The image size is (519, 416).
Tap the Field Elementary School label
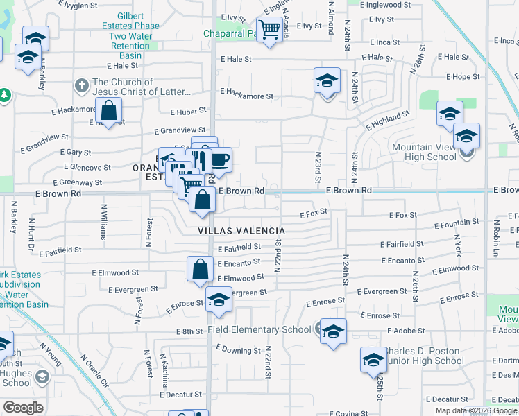tap(259, 330)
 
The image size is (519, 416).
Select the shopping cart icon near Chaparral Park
tap(269, 30)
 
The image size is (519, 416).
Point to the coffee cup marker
tap(219, 160)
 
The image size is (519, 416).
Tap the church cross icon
tap(81, 87)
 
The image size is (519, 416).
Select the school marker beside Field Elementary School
tap(332, 331)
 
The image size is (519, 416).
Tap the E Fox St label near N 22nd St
tap(312, 213)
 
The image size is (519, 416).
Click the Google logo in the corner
tap(23, 408)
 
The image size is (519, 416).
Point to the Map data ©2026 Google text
tap(475, 410)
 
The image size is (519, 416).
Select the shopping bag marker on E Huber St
tap(109, 110)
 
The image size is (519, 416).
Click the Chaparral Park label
tap(230, 33)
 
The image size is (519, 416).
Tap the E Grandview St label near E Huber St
tap(179, 130)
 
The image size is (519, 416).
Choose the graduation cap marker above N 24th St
tap(327, 81)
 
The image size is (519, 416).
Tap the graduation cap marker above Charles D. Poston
tap(373, 360)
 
